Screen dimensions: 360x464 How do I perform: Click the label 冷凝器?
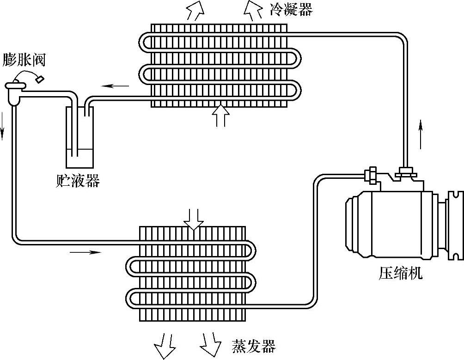coord(291,9)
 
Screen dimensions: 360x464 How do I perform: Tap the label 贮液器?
coord(77,181)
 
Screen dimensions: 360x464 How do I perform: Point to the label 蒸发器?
coord(253,346)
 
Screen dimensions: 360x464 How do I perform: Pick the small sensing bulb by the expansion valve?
coord(40,79)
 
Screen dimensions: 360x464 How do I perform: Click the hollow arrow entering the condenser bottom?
coord(220,115)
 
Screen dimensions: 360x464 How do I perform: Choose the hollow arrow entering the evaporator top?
coord(193,218)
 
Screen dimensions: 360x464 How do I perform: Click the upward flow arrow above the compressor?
coord(421,134)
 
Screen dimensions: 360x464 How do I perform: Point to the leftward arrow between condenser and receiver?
coord(116,85)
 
